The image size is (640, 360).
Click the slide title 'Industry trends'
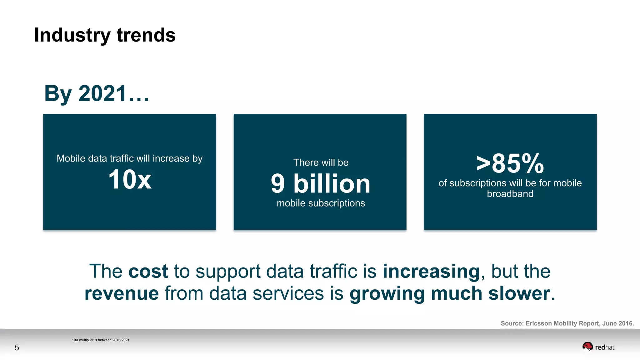click(105, 35)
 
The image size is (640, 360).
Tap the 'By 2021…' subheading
click(97, 93)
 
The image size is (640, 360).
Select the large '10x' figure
click(130, 179)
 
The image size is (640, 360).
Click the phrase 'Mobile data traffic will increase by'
click(129, 158)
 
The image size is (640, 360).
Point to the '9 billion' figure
click(321, 183)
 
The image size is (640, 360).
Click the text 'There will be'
click(321, 162)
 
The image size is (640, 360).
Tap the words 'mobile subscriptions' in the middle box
click(321, 203)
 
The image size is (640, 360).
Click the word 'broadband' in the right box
click(510, 194)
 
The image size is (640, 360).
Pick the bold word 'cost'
click(148, 271)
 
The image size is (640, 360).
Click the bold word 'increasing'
click(431, 271)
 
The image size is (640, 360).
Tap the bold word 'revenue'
click(122, 293)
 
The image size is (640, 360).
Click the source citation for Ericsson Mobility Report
click(567, 323)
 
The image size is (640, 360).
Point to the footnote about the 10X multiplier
click(101, 340)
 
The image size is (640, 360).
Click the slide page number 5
click(17, 347)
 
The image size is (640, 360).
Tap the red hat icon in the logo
click(587, 346)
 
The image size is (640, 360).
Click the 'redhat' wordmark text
click(605, 347)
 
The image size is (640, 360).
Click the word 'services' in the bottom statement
click(288, 293)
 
